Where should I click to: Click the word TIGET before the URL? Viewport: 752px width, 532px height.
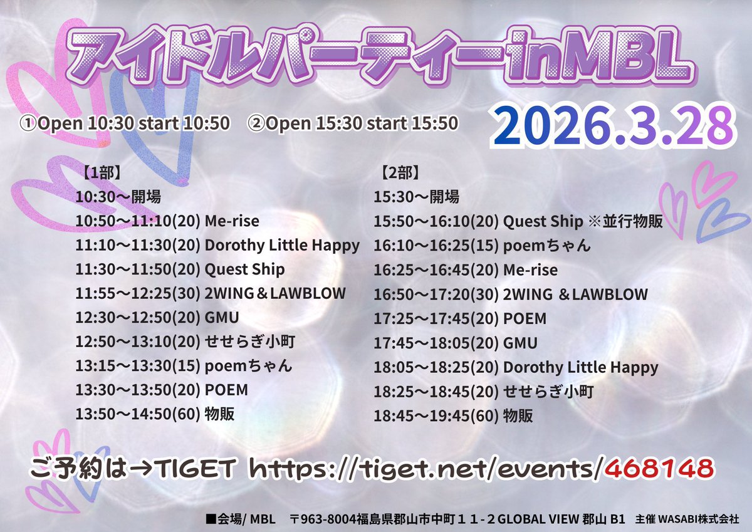coord(197,467)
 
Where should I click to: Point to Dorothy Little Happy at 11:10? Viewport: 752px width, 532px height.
coord(282,245)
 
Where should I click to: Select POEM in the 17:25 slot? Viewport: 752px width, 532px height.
coord(525,318)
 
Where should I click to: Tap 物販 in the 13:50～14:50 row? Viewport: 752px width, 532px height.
coord(219,414)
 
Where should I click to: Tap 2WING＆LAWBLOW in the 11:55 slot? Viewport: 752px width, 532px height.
coord(275,293)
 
